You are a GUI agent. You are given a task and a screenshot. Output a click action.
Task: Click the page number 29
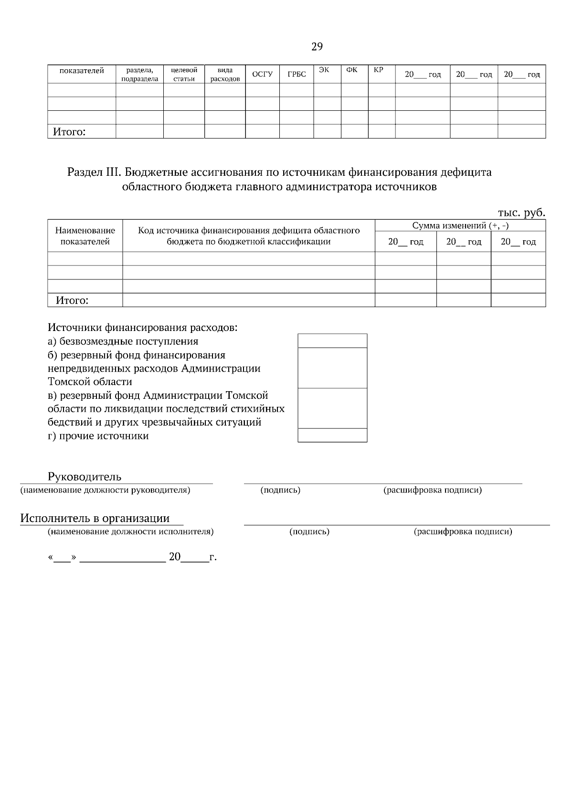pos(317,47)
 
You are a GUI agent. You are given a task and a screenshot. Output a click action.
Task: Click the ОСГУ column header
pos(262,75)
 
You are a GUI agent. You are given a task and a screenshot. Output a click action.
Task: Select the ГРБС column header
pos(297,75)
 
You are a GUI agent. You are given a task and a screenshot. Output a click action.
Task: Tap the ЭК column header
pos(324,70)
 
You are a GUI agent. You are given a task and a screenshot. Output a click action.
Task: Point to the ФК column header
pos(351,70)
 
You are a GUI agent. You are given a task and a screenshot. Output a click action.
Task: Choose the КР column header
pos(378,70)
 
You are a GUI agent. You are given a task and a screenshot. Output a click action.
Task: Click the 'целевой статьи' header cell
pos(184,75)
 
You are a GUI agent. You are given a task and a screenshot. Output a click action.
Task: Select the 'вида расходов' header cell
pos(225,75)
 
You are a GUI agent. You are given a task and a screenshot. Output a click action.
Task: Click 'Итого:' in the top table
pos(69,132)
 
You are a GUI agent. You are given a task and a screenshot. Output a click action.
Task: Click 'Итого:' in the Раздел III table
pos(72,300)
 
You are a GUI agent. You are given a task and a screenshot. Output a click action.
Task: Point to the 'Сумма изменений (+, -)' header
pos(460,225)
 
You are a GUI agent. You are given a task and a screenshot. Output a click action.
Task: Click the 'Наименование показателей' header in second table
pos(85,236)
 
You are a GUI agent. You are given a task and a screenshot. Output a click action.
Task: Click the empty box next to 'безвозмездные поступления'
pos(332,341)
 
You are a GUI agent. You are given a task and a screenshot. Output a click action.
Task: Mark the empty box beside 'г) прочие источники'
pos(332,435)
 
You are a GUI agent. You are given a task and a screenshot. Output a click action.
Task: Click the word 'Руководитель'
pos(85,477)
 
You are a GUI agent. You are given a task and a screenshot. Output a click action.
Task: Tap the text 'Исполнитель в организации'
pos(95,518)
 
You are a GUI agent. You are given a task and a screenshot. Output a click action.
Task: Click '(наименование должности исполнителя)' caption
pos(130,532)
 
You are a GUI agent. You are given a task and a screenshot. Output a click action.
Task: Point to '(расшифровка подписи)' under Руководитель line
pos(433,490)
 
